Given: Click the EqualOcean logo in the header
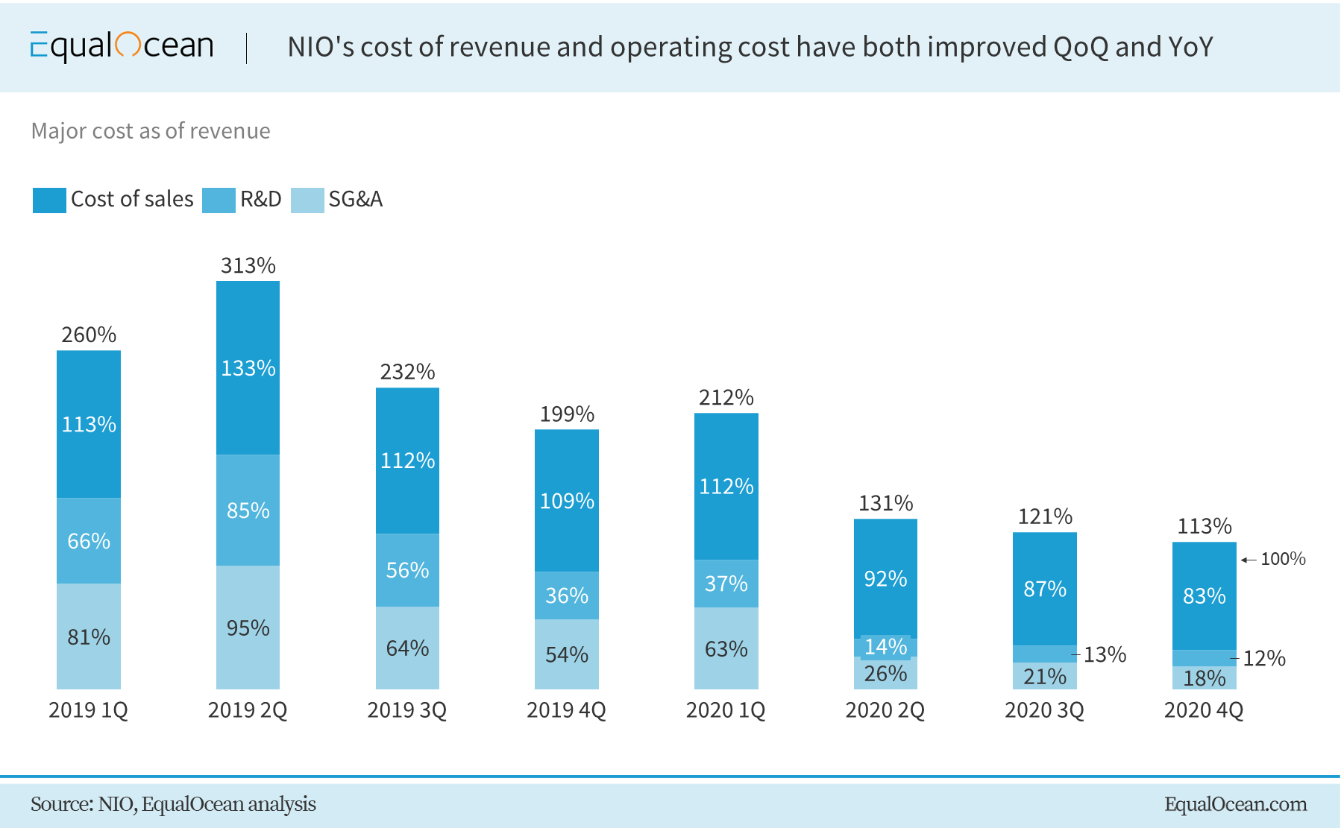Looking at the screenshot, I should click(122, 46).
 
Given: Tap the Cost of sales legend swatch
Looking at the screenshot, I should click(49, 200).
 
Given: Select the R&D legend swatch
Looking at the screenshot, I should click(219, 200).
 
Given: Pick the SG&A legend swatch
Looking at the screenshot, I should click(307, 200).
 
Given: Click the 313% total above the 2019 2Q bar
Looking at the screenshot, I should click(248, 266).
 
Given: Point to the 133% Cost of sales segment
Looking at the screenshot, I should click(248, 368).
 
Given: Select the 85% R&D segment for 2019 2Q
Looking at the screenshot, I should click(248, 511).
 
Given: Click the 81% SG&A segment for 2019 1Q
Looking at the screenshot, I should click(89, 637).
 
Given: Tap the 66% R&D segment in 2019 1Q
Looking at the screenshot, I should click(89, 541).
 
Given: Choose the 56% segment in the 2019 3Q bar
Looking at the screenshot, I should click(407, 570).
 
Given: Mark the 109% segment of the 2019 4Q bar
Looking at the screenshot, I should click(567, 501).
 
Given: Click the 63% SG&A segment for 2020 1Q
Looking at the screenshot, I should click(726, 649).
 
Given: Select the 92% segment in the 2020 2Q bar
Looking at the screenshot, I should click(885, 579).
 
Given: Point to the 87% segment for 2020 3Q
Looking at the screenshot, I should click(1045, 590).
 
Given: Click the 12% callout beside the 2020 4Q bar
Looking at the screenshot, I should click(1264, 659).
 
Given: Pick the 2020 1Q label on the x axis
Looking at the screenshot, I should click(726, 710).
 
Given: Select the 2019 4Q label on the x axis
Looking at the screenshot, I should click(566, 710).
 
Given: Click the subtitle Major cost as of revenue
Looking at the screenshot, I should click(151, 131).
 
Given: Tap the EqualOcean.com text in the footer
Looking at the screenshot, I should click(1235, 804).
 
